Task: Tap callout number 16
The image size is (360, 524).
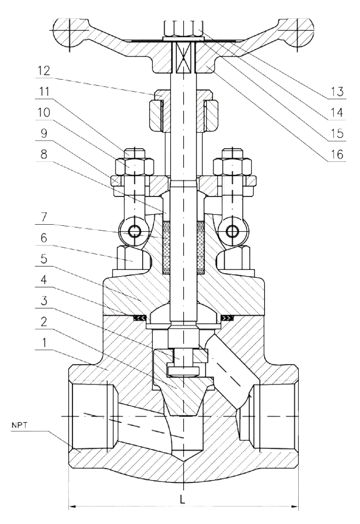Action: (335, 155)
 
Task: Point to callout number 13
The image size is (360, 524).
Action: (335, 90)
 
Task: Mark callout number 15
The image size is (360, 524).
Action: (335, 134)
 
